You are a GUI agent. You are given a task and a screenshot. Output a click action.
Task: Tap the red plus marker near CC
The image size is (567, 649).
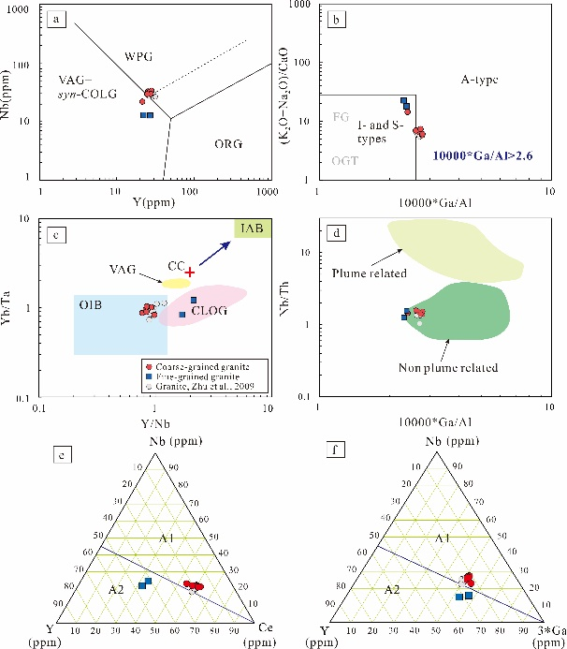pos(189,272)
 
